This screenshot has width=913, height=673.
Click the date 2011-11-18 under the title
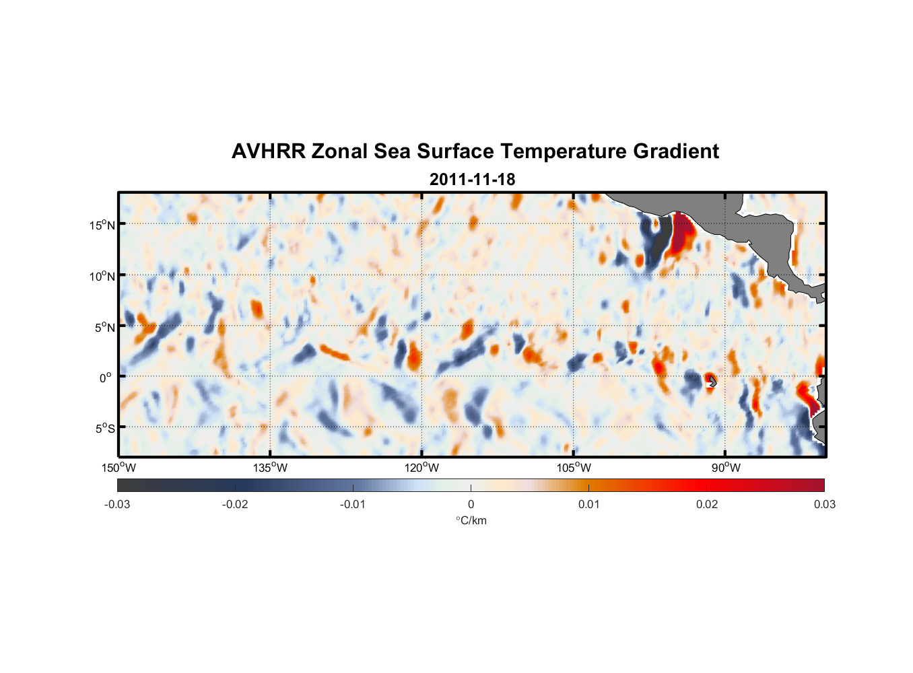point(472,180)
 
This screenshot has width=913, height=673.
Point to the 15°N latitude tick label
point(102,225)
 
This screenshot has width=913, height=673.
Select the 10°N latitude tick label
point(102,276)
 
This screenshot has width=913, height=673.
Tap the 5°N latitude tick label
point(104,327)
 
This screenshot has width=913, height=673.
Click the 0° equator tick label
point(106,378)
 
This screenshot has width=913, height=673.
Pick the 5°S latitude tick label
point(104,429)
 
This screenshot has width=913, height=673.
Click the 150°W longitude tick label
point(119,468)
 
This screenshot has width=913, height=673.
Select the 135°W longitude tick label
point(271,468)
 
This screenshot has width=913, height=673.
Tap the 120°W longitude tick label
point(422,468)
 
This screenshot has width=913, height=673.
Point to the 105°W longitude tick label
point(574,468)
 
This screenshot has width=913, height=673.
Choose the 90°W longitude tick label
point(726,468)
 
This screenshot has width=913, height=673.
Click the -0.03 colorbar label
point(117,504)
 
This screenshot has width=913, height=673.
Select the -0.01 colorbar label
point(353,504)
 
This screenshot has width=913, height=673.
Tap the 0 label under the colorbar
point(471,504)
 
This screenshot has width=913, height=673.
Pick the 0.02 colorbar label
point(707,504)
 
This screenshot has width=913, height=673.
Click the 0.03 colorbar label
point(824,504)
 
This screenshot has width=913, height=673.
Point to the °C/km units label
point(471,520)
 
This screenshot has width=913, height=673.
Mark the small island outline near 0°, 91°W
point(712,381)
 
